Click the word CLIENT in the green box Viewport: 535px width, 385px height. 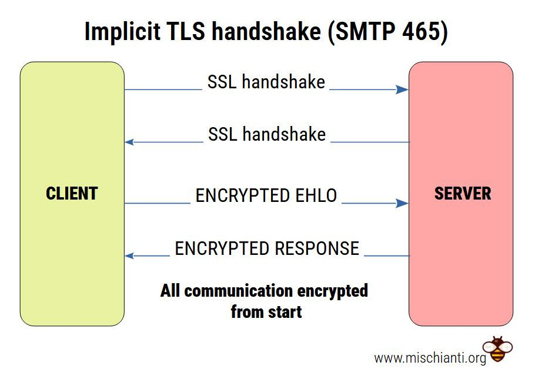click(72, 193)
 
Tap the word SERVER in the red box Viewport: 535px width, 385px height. click(462, 193)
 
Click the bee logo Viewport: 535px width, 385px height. click(497, 349)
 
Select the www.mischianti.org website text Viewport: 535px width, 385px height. click(430, 357)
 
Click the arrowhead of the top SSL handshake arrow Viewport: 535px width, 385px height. click(403, 89)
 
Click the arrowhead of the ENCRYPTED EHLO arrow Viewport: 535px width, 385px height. click(403, 203)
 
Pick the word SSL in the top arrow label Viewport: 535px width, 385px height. click(222, 82)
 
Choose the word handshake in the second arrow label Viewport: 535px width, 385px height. click(284, 134)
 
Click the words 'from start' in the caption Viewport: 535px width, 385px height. click(266, 311)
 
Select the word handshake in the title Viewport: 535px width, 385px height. click(267, 32)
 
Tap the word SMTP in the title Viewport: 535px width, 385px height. click(359, 32)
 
